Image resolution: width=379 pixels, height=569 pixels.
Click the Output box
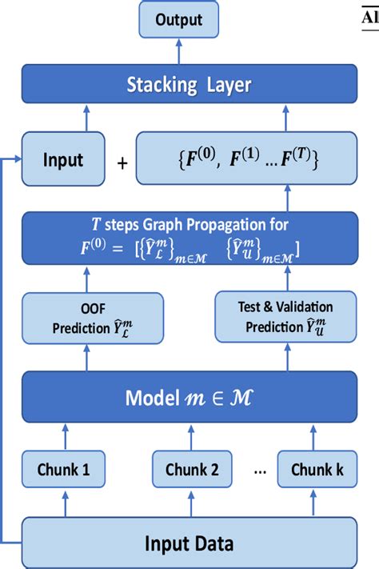pyautogui.click(x=178, y=19)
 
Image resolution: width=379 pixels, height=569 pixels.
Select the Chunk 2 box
pyautogui.click(x=193, y=470)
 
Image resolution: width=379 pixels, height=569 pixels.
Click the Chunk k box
pyautogui.click(x=316, y=470)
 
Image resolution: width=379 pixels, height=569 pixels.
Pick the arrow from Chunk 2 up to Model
pyautogui.click(x=193, y=436)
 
